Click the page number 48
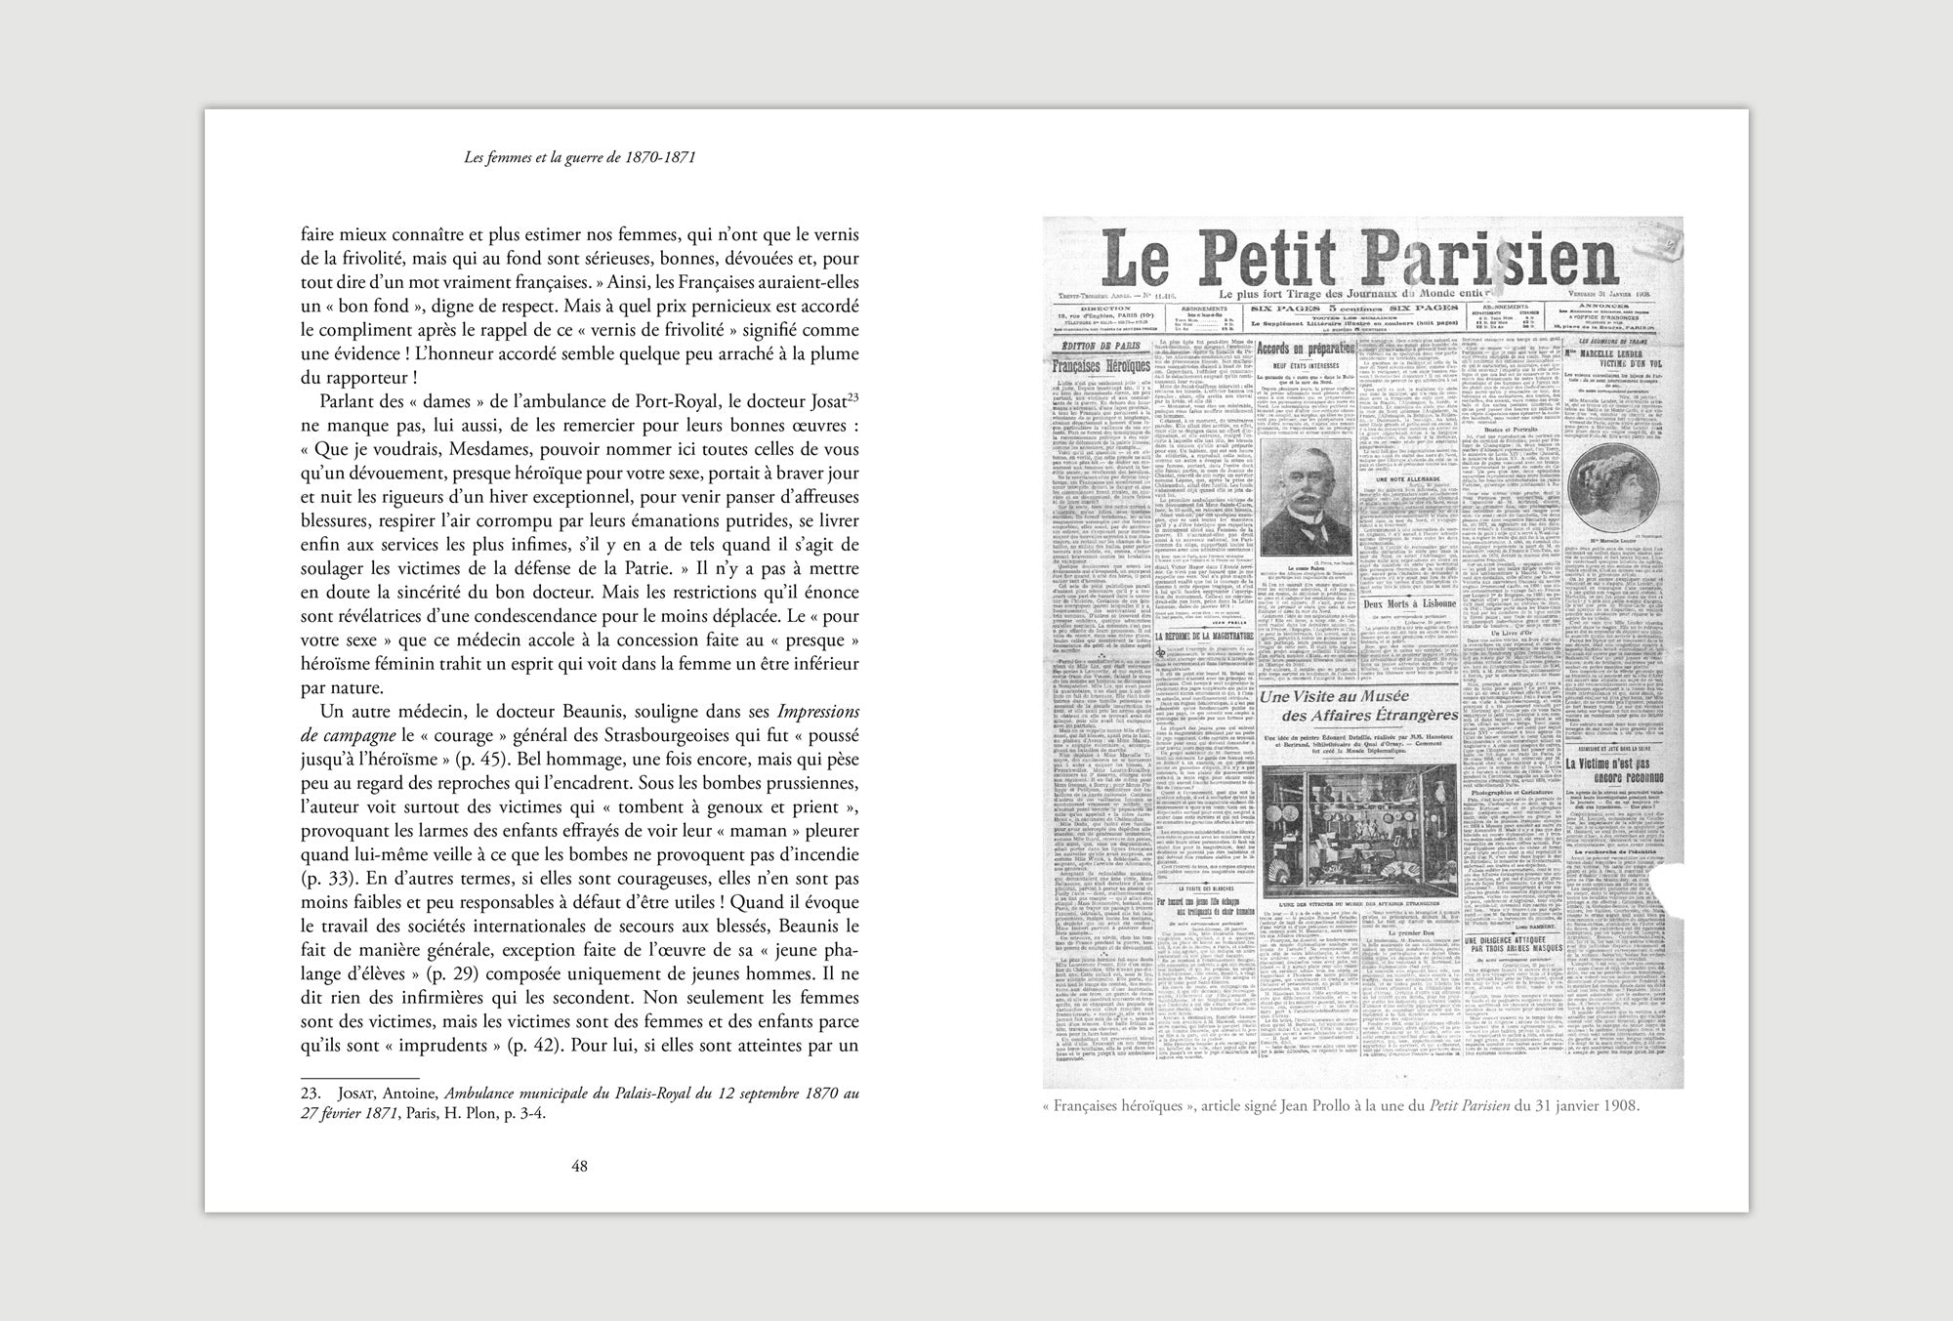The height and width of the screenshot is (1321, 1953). point(579,1164)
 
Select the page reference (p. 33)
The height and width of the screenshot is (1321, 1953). point(329,878)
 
